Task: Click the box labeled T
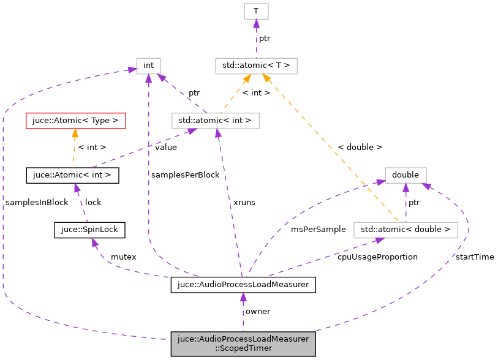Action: click(256, 11)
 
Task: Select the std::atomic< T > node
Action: click(256, 66)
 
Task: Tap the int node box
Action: click(148, 66)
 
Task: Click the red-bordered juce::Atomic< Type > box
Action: click(75, 121)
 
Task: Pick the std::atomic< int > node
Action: click(215, 121)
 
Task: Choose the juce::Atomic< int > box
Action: click(72, 176)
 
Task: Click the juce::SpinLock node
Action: click(90, 230)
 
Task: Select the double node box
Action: click(406, 175)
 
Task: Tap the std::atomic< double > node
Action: click(406, 230)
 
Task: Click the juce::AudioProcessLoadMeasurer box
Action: click(243, 285)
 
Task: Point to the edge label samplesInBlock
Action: click(36, 203)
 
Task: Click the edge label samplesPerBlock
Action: click(186, 175)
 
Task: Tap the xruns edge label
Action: click(244, 202)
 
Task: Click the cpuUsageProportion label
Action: click(377, 257)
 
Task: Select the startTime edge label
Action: click(475, 257)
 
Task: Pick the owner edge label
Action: click(258, 312)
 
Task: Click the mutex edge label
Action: click(123, 257)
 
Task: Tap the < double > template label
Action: click(360, 148)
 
